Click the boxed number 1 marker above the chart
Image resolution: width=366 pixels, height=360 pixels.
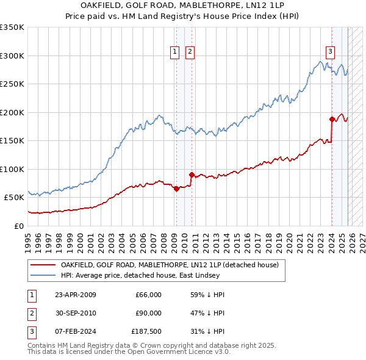click(175, 52)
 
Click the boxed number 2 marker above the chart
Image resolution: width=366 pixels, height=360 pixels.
click(190, 52)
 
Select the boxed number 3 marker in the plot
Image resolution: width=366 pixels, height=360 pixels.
click(330, 52)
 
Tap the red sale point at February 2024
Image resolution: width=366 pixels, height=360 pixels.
click(332, 119)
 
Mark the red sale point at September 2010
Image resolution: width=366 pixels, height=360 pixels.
click(192, 175)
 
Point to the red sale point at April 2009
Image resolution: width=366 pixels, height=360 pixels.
click(176, 189)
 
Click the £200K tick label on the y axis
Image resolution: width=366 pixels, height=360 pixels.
click(12, 112)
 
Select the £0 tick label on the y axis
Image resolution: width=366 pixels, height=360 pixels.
click(18, 226)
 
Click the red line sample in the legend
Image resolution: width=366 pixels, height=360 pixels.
click(43, 265)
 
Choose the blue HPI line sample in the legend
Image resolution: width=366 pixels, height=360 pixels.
click(43, 275)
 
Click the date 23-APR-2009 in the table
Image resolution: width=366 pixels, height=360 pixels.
click(75, 295)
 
